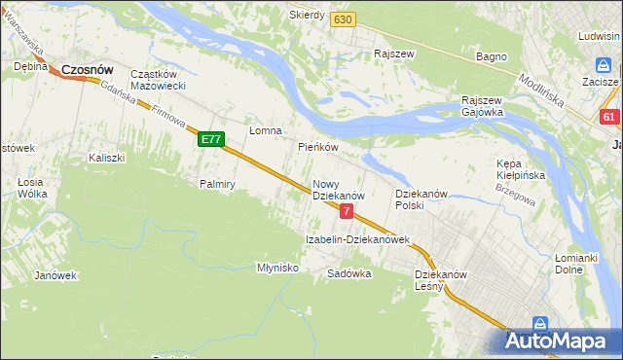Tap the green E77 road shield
(211, 140)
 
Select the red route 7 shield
(346, 210)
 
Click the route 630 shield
(341, 19)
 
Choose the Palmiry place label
(217, 183)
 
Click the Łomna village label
(265, 130)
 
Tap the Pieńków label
(317, 147)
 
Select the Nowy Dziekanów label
(339, 190)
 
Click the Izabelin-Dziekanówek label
(357, 238)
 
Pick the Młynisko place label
(276, 268)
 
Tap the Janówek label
(55, 275)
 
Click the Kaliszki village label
(106, 158)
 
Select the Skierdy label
(307, 16)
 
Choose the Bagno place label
(491, 56)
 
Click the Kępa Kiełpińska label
(520, 170)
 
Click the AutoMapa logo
(559, 342)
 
